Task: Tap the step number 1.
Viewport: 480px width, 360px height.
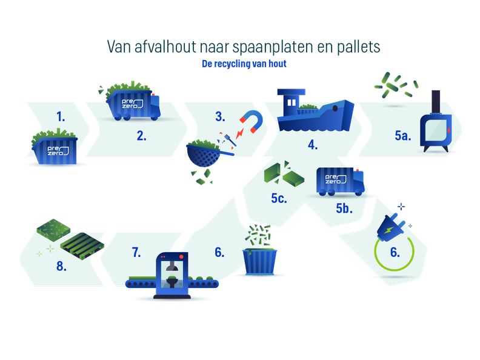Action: [61, 116]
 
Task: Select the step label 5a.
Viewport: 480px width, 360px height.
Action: [402, 135]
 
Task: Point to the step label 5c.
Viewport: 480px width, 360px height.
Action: [279, 198]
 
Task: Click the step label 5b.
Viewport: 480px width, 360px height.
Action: [344, 208]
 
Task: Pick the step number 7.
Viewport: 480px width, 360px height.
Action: [136, 252]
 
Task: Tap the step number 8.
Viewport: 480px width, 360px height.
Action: [61, 266]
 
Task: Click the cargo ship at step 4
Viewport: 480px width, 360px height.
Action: [315, 110]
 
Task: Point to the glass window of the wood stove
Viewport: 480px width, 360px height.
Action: [435, 130]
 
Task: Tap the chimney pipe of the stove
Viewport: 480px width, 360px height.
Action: [436, 102]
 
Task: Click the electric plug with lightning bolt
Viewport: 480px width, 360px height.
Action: [390, 228]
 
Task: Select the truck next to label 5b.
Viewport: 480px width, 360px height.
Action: [341, 182]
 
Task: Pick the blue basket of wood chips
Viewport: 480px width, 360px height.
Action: [260, 261]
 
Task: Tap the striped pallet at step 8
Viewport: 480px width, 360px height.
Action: [82, 246]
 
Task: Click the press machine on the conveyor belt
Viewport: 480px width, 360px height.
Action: [172, 275]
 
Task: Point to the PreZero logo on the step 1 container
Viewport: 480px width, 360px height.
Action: [58, 150]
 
